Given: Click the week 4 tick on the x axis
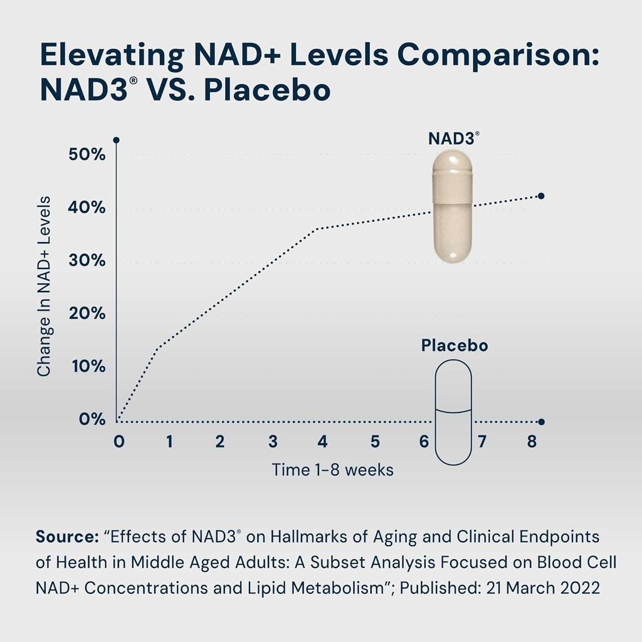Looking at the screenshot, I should [322, 441].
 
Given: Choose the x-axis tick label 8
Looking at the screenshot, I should [532, 441].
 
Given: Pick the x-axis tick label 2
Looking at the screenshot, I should [220, 441].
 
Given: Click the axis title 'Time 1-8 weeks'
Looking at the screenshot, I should [332, 470].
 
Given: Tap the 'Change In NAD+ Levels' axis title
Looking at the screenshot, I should [44, 287].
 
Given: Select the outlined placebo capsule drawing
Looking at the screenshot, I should [453, 412].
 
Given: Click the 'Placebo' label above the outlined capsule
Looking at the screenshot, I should [455, 345].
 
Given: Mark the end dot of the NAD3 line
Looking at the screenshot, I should [541, 196].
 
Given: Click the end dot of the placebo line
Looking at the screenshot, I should [541, 422].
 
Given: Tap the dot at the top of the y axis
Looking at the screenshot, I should [117, 140].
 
